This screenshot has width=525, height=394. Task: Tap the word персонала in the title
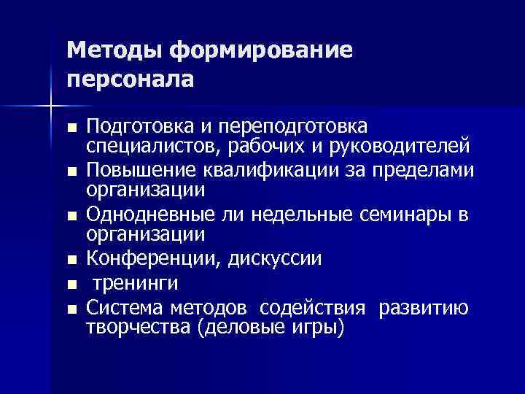point(131,79)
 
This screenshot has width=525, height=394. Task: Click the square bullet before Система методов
point(71,309)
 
